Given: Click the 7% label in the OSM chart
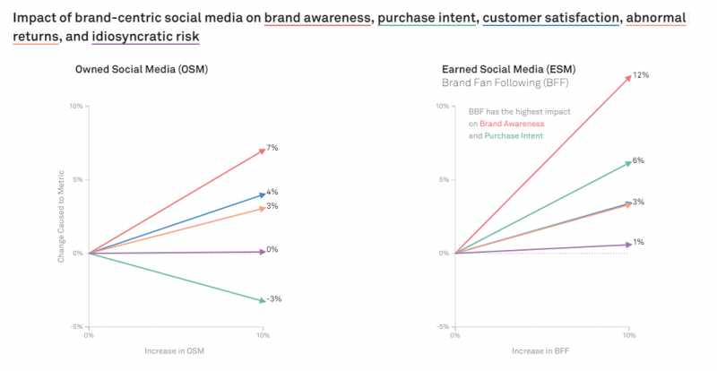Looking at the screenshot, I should [272, 148].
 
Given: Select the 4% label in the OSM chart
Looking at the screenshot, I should [272, 192].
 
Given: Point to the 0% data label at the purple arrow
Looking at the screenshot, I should [272, 249].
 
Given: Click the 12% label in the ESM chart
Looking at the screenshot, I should [640, 75].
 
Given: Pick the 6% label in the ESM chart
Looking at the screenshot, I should [638, 160].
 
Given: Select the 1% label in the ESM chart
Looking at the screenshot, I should [638, 242].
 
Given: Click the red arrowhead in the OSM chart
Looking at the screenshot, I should [261, 151].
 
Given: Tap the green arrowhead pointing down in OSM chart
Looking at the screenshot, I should [261, 300].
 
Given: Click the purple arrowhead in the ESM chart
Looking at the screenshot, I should [627, 244].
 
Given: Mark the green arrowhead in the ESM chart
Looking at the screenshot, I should [627, 162].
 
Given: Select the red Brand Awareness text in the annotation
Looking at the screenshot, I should [509, 124].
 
